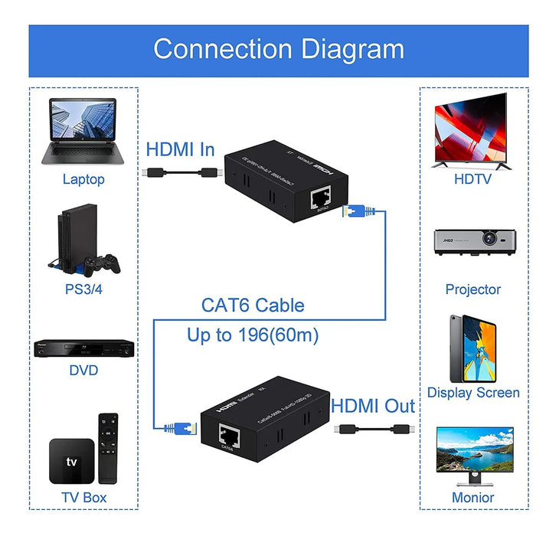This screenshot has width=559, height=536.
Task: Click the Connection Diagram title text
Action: click(279, 49)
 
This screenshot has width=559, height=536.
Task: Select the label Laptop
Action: click(83, 180)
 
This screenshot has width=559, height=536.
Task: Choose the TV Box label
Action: click(83, 498)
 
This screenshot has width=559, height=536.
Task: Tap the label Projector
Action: click(473, 289)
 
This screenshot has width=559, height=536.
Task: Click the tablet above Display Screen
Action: click(472, 349)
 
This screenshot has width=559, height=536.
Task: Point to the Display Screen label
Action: click(473, 393)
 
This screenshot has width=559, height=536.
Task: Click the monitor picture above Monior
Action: click(472, 455)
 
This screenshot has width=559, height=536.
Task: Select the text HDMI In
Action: click(181, 149)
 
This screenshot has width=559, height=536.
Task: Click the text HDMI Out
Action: click(373, 407)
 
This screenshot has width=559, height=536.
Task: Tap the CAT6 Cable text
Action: click(253, 306)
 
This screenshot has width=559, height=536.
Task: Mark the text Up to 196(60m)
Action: click(253, 335)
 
